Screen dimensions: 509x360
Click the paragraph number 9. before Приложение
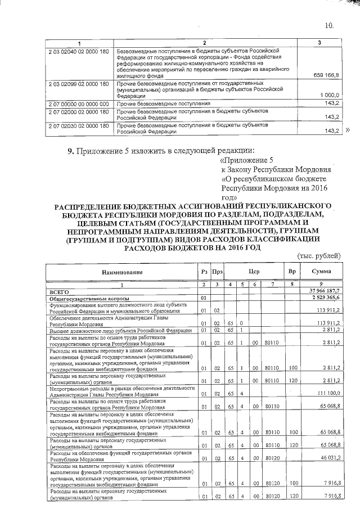point(70,150)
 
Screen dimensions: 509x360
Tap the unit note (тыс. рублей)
point(318,255)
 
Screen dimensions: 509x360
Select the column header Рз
point(204,272)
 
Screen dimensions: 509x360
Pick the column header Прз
point(217,272)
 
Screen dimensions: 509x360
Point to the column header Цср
point(253,272)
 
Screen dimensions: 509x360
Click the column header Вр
point(292,272)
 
